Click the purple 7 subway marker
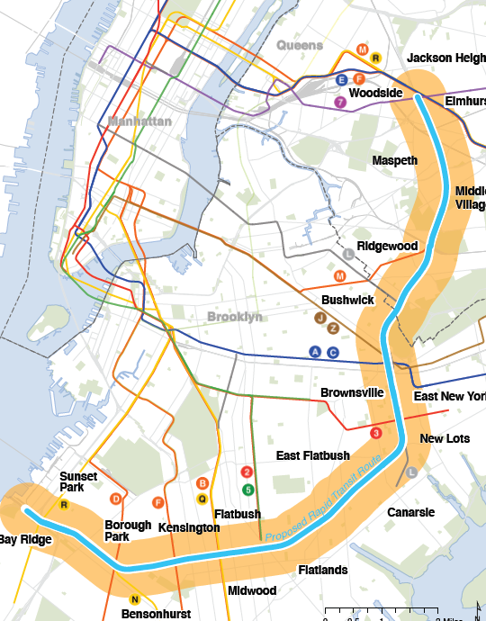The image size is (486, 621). click(x=340, y=102)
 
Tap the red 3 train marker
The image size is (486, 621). click(x=376, y=433)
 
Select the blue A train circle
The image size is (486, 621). click(x=315, y=352)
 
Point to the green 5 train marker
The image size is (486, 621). click(x=247, y=489)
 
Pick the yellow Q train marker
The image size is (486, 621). click(x=202, y=498)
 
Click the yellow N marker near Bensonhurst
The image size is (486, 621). click(x=135, y=599)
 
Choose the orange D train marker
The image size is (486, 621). click(x=115, y=499)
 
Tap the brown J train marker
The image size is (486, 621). click(x=319, y=318)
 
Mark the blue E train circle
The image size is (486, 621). click(x=341, y=80)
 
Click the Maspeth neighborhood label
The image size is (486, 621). click(x=395, y=160)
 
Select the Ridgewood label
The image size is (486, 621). click(x=387, y=246)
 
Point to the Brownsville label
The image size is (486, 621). click(x=352, y=392)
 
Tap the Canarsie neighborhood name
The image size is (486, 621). click(x=410, y=512)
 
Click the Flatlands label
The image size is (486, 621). click(x=323, y=570)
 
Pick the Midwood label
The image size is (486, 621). click(x=252, y=590)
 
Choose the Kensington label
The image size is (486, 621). click(x=188, y=526)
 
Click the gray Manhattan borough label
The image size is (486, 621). click(x=139, y=121)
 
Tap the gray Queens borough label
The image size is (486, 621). click(x=300, y=45)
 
